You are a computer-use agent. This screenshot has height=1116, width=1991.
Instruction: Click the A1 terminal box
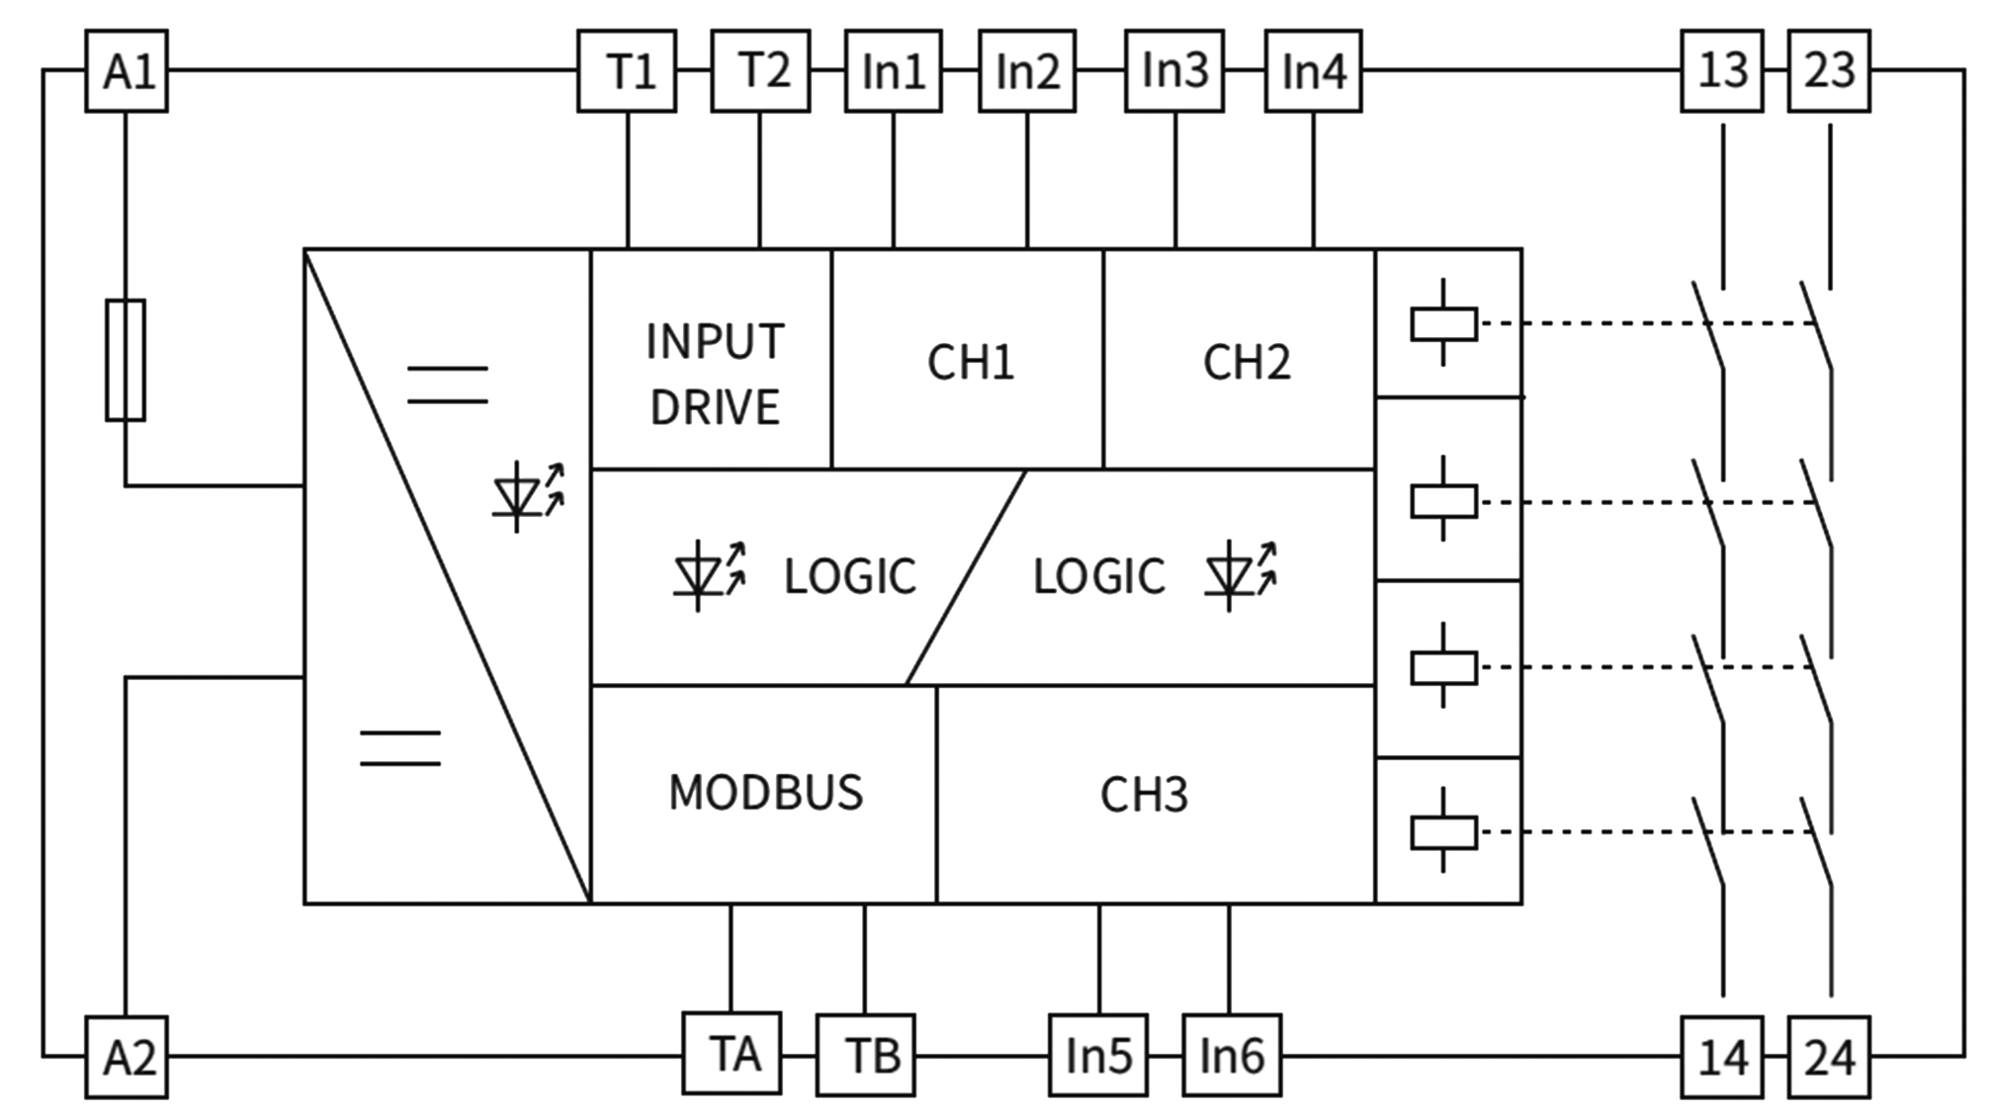tap(126, 71)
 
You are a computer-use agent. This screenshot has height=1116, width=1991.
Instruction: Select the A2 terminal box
tap(126, 1057)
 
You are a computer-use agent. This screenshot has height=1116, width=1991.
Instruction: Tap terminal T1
tap(628, 71)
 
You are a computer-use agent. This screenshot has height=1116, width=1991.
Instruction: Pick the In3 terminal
tap(1174, 71)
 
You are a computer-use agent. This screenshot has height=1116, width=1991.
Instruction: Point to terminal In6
tap(1232, 1056)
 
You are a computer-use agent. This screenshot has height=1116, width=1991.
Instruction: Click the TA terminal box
tap(733, 1054)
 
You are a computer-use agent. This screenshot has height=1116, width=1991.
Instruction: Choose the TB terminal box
tap(865, 1055)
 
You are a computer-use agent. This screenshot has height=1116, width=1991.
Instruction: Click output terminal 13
tap(1723, 71)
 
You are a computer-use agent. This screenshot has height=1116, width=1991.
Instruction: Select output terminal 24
tap(1829, 1057)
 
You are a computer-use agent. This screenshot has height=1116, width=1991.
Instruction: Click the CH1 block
tap(969, 360)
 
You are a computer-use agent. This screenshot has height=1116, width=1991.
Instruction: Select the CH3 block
tap(1147, 794)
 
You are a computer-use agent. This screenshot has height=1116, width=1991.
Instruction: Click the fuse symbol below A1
tap(126, 360)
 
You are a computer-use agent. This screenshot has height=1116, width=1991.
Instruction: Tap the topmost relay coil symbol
tap(1443, 323)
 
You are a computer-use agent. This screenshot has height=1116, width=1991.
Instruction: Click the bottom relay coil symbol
tap(1443, 831)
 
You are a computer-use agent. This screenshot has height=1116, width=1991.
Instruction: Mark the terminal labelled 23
tap(1829, 71)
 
